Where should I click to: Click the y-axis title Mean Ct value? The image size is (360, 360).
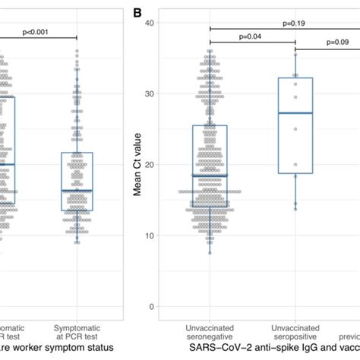(139, 164)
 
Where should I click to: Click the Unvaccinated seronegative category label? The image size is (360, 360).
(210, 331)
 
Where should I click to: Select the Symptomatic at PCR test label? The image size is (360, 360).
(77, 331)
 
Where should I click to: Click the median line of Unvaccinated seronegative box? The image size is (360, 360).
(210, 175)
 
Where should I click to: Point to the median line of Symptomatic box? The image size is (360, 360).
(77, 190)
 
